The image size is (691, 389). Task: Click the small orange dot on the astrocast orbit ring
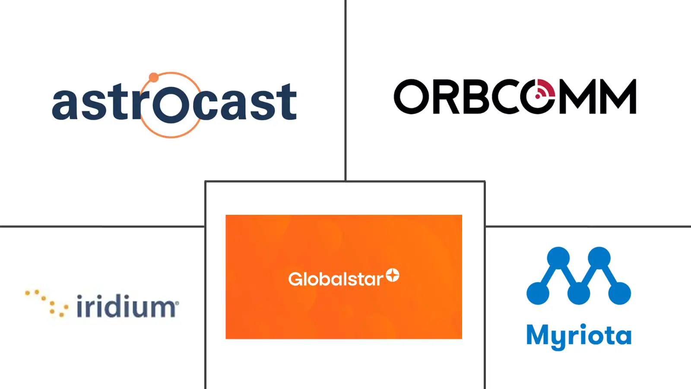[154, 77]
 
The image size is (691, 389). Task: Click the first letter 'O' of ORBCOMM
[412, 96]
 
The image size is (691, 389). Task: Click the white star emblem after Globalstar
[393, 275]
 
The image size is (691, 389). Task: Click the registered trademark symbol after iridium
[177, 303]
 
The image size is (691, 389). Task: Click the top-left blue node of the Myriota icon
[558, 258]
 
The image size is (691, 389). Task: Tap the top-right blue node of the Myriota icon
[599, 258]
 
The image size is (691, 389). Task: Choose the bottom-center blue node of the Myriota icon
[579, 293]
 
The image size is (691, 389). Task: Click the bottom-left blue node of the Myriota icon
[538, 293]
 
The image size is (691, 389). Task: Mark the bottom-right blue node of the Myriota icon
[619, 293]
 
